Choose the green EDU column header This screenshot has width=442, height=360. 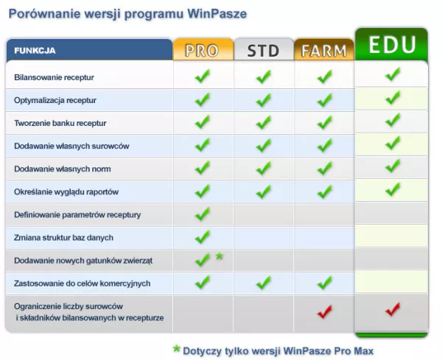(x=392, y=44)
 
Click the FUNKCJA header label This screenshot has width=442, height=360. (x=35, y=51)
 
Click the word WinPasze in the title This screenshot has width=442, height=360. (x=217, y=14)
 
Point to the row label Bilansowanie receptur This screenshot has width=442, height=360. (x=54, y=77)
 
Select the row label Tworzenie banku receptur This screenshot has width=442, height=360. (x=60, y=123)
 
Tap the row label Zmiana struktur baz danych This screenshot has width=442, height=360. (x=63, y=238)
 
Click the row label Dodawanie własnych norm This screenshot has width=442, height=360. (x=63, y=169)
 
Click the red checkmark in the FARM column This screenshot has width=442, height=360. (x=324, y=311)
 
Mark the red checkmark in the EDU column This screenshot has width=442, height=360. (x=393, y=309)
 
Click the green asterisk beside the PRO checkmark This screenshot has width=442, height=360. (x=220, y=256)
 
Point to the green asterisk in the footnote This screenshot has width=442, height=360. (x=177, y=349)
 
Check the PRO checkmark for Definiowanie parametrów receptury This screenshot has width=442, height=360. (x=203, y=214)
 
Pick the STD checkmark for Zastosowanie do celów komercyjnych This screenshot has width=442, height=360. (x=264, y=283)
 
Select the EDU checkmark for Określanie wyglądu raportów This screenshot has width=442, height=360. (x=393, y=189)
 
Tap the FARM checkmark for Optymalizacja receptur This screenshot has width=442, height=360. (x=324, y=100)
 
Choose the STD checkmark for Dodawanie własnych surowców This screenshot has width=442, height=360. (x=264, y=146)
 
